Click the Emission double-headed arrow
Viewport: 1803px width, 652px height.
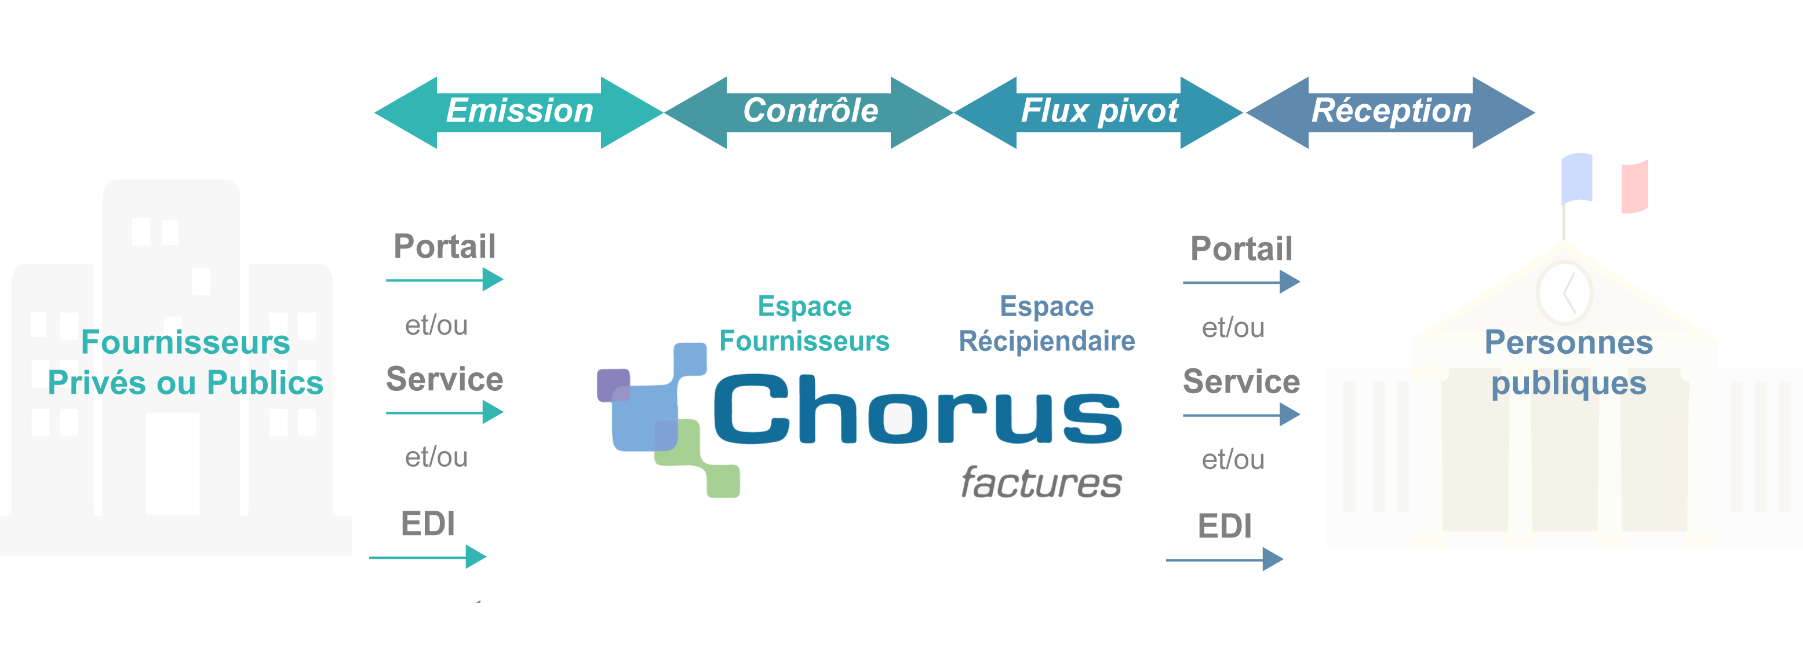coord(519,112)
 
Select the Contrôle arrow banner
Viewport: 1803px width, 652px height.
coord(809,112)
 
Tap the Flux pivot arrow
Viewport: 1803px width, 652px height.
coord(1098,112)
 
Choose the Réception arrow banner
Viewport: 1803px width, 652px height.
coord(1391,112)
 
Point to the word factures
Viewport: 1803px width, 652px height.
coord(1041,483)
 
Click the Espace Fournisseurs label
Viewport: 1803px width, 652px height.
coord(804,323)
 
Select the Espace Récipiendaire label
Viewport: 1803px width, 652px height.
coord(1046,323)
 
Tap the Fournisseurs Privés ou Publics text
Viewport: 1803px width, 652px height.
coord(185,362)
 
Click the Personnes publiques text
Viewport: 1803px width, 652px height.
coord(1568,362)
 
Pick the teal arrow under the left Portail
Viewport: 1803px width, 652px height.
coord(445,280)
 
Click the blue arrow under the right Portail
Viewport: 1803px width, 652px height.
coord(1241,282)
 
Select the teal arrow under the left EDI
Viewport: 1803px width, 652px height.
coord(428,557)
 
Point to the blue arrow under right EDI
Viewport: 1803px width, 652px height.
coord(1224,560)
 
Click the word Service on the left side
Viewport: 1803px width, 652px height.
coord(445,379)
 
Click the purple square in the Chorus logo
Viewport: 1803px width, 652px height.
coord(613,384)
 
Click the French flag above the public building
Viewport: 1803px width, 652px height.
coord(1604,184)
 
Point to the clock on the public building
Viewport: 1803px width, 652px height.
coord(1564,292)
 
